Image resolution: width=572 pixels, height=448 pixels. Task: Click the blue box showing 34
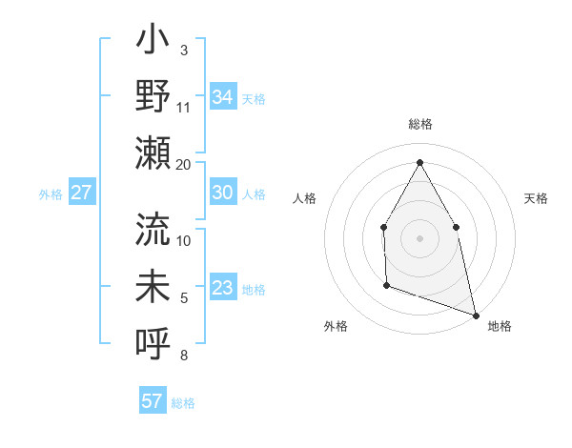[223, 96]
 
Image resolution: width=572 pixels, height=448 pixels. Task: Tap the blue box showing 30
[223, 193]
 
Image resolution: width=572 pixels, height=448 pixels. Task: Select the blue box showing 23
[223, 288]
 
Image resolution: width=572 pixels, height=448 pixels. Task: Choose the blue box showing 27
[82, 193]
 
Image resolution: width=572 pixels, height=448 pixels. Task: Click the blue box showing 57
[153, 401]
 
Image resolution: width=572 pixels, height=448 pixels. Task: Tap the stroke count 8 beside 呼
[183, 356]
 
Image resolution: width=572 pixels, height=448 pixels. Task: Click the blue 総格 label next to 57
[183, 403]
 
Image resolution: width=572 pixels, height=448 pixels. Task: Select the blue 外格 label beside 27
[51, 194]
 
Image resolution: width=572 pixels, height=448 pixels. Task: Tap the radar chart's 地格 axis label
[500, 327]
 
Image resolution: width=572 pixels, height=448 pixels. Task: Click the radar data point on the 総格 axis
[419, 162]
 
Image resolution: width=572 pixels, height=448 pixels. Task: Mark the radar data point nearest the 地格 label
[475, 314]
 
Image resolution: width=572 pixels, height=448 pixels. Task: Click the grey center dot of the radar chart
[419, 237]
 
